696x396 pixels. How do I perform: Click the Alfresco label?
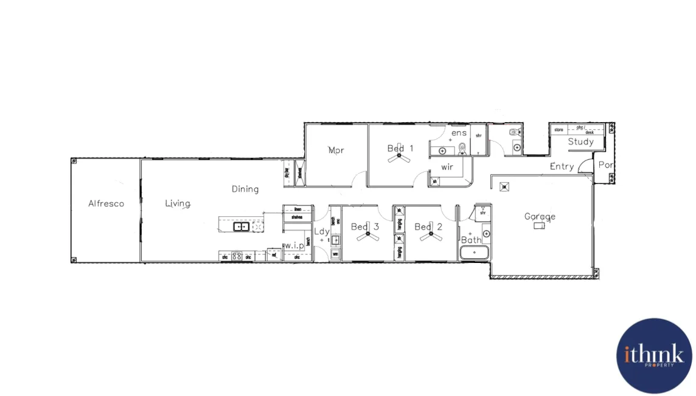tap(106, 203)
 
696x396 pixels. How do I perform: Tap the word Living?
tap(178, 203)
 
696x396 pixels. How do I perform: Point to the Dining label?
tap(245, 189)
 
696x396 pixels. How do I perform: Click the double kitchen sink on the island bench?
tap(241, 227)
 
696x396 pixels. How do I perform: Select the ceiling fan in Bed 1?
tap(399, 157)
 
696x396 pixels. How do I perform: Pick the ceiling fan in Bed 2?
tap(431, 234)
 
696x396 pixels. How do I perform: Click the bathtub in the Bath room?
tap(474, 253)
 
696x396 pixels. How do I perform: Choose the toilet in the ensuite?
tap(462, 147)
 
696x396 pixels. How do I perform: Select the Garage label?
tap(540, 216)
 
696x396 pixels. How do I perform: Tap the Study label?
tap(580, 142)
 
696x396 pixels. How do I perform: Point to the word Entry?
tap(562, 166)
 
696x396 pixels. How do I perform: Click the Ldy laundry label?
tap(321, 231)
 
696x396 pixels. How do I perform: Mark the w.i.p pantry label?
tap(294, 246)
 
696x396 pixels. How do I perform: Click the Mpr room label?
tap(336, 150)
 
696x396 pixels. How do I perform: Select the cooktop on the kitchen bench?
tap(237, 256)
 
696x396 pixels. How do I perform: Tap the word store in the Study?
tap(558, 129)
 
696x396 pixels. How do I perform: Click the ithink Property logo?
tap(653, 356)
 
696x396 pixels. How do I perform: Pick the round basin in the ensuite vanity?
tap(442, 150)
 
